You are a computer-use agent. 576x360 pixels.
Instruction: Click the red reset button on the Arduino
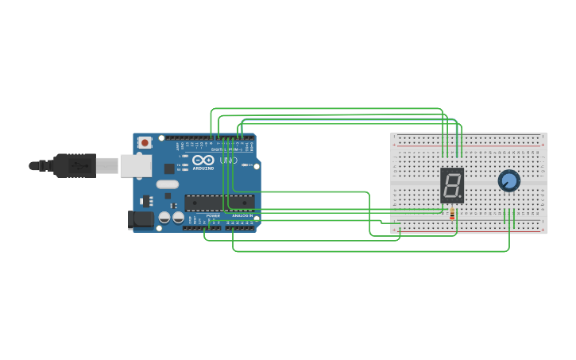click(x=145, y=142)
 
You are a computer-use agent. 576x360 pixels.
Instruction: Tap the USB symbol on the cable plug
click(x=79, y=165)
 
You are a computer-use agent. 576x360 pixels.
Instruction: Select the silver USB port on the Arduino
click(x=135, y=165)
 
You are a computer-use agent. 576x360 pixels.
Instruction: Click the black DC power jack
click(x=141, y=219)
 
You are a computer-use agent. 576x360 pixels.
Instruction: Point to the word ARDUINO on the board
click(x=203, y=168)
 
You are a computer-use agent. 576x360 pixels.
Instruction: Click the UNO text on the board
click(x=229, y=161)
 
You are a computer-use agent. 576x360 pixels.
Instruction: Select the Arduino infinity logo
click(x=203, y=160)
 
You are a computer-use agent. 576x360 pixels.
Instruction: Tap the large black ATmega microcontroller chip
click(x=219, y=203)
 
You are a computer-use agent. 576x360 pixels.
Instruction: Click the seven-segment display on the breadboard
click(x=451, y=185)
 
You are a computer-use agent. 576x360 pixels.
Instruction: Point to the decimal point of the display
click(x=460, y=197)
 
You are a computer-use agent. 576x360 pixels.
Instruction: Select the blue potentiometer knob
click(x=508, y=181)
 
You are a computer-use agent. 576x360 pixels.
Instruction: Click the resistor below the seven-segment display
click(x=452, y=213)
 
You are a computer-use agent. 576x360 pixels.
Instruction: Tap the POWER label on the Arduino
click(x=213, y=215)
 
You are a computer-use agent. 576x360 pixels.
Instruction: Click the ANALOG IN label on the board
click(x=242, y=215)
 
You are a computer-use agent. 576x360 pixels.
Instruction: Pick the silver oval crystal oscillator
click(x=168, y=184)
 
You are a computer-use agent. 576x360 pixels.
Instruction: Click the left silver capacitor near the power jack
click(x=164, y=216)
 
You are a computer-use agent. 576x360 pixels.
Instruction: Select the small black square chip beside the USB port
click(x=169, y=168)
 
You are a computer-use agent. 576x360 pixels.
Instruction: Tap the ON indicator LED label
click(x=248, y=165)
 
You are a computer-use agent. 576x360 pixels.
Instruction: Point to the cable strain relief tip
click(x=33, y=165)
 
